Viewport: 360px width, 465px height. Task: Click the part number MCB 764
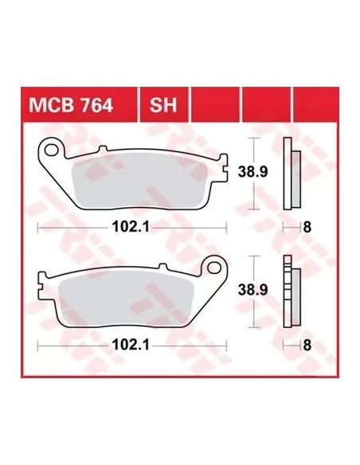(71, 105)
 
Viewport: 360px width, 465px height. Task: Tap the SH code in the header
(163, 105)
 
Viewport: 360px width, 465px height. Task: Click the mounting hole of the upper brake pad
(51, 150)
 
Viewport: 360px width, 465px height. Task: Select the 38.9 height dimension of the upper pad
(253, 172)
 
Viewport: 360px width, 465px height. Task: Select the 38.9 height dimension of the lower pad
(253, 290)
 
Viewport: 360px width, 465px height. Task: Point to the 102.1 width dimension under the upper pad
(131, 228)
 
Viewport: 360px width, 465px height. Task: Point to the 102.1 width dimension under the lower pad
(131, 346)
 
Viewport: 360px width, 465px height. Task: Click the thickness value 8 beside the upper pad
(307, 228)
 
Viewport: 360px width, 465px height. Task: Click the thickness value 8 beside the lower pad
(307, 346)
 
